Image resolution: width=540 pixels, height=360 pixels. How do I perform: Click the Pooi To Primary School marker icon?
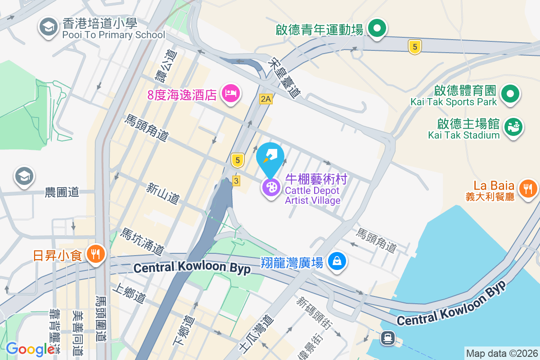point(47,27)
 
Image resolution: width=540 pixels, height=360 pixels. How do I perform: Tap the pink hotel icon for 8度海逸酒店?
point(231,94)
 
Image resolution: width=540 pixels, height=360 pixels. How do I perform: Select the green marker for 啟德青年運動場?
point(377,29)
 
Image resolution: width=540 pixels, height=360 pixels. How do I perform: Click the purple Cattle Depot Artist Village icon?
point(271,187)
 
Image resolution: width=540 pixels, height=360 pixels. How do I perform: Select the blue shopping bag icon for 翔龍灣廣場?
point(337,261)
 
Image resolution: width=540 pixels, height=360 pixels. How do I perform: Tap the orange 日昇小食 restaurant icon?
point(95,255)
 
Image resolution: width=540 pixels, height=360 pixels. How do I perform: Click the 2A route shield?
point(265,99)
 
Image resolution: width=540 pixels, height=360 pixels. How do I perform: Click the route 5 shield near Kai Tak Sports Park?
point(415,46)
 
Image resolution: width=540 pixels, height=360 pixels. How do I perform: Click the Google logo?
point(30,349)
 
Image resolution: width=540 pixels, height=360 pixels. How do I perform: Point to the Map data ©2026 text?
point(501,354)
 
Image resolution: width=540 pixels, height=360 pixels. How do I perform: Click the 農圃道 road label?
point(62,193)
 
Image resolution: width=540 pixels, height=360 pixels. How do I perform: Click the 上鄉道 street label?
point(131,292)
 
